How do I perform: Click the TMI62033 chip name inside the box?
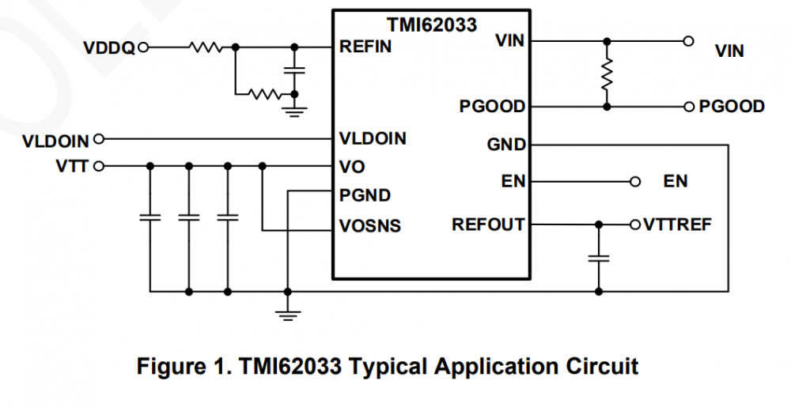[431, 24]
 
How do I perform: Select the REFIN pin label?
[365, 47]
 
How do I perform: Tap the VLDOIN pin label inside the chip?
[373, 138]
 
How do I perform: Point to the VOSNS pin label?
[370, 226]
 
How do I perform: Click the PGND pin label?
[365, 194]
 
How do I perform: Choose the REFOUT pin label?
[488, 224]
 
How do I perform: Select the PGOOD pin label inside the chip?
[492, 106]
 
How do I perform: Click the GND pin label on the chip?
[507, 145]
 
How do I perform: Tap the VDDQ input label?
[109, 48]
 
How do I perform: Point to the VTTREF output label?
[678, 224]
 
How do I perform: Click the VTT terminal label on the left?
[72, 166]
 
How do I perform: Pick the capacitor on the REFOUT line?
[599, 258]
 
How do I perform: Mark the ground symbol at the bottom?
[288, 315]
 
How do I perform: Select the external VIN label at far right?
[729, 51]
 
